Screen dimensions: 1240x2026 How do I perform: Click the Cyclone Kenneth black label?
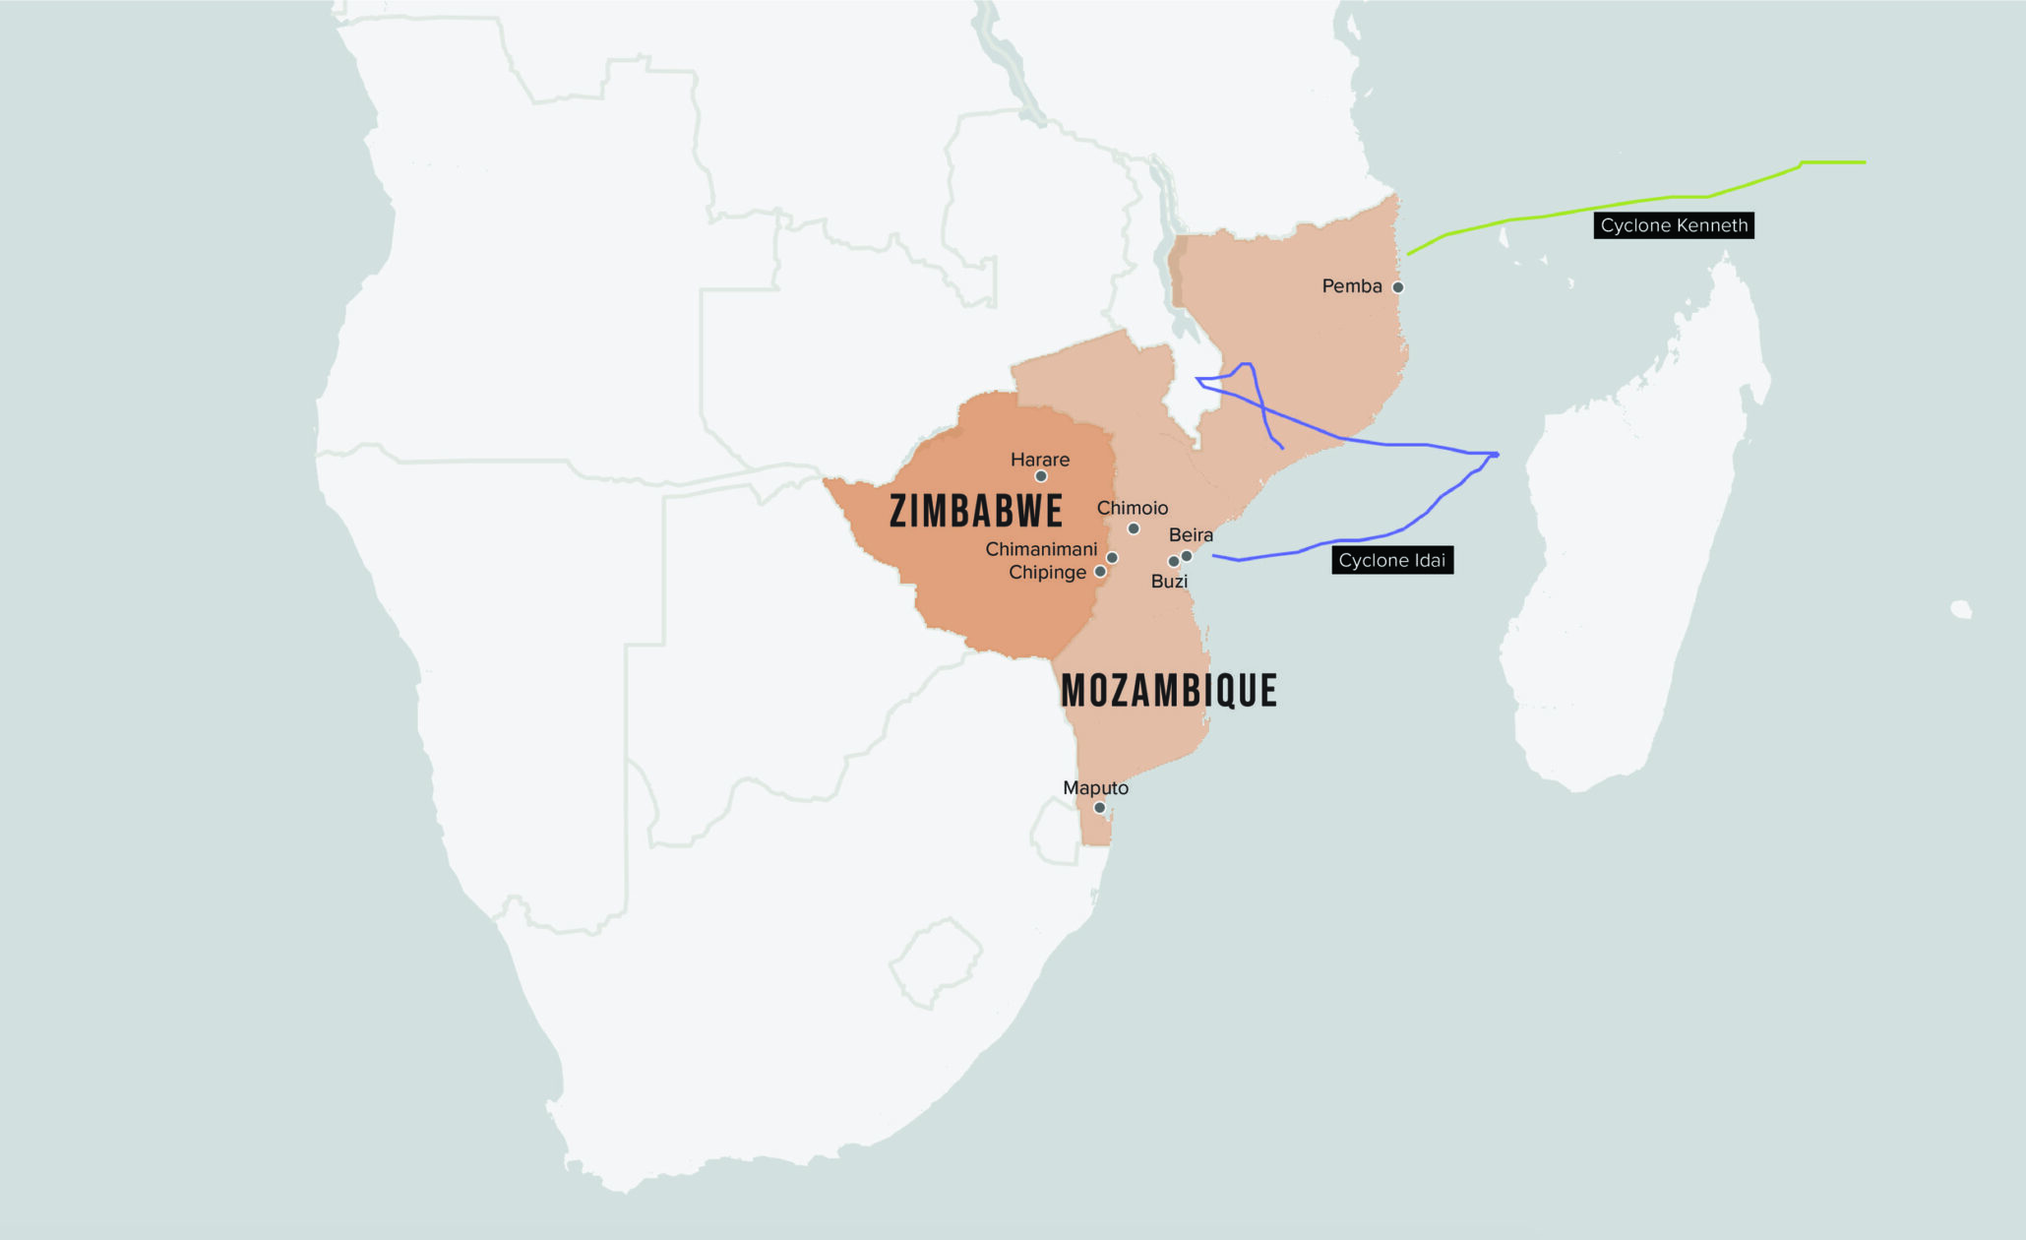pos(1673,225)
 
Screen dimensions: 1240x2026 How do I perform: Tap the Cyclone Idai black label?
pos(1391,561)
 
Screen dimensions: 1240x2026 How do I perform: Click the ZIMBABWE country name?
pos(976,511)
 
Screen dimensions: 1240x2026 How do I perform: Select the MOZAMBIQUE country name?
pos(1168,691)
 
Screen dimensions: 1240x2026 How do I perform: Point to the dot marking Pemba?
pos(1397,287)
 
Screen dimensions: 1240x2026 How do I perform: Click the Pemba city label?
pos(1351,286)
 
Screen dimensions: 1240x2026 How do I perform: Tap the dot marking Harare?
pos(1040,476)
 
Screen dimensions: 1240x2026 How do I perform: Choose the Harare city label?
pos(1039,460)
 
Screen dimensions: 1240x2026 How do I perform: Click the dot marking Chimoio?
pos(1134,528)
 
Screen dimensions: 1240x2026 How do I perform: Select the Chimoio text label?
pos(1132,508)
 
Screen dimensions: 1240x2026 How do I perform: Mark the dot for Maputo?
pos(1099,808)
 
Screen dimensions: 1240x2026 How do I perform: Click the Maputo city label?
pos(1095,788)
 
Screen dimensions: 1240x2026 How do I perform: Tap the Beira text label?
pos(1191,535)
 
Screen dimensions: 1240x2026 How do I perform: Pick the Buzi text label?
pos(1169,582)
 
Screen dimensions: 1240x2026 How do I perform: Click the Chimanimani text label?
pos(1041,549)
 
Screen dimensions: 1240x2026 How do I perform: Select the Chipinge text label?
pos(1047,573)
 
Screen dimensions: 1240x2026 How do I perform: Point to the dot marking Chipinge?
pos(1100,572)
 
